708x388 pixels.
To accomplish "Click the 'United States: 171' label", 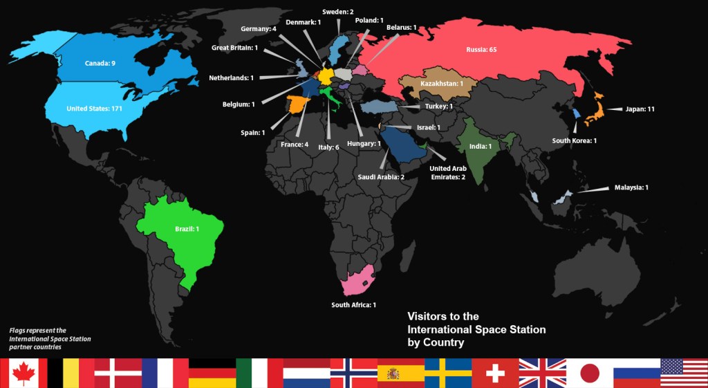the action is [95, 109].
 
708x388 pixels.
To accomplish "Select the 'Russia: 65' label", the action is [481, 50].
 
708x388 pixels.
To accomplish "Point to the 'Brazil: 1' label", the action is [187, 229].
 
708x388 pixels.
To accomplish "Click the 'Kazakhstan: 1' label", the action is [440, 84].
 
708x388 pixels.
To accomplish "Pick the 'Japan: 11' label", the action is [640, 109].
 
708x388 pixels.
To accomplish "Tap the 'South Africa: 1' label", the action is [353, 305].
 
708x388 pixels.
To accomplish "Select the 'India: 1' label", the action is [480, 147].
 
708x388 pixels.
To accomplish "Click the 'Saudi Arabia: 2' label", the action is [381, 177].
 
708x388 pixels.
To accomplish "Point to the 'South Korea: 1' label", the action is [574, 141].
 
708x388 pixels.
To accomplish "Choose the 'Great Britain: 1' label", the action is [235, 48].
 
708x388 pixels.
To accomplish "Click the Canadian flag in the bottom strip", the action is [24, 373].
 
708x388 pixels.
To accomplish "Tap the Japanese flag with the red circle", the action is [590, 373].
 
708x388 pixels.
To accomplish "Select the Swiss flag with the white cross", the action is [495, 373].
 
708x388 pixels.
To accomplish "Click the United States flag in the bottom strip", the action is [684, 373].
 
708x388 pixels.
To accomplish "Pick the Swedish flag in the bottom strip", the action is [448, 373].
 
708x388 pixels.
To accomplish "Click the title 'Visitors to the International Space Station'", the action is [476, 329].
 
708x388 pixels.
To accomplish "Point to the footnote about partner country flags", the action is [50, 339].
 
